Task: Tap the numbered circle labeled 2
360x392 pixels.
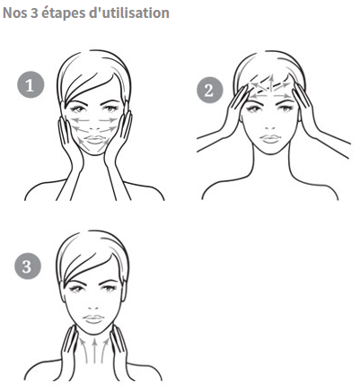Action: pos(210,90)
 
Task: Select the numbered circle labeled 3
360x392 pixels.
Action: pos(28,266)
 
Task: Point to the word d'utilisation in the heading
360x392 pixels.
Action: pos(130,13)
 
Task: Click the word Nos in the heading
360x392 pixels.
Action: pos(14,13)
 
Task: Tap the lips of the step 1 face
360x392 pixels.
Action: pos(94,140)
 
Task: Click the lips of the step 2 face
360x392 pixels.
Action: pos(270,139)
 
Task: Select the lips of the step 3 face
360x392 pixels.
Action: pos(93,319)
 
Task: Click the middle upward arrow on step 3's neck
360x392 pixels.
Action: pos(94,351)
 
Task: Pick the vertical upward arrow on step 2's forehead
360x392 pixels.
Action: pos(271,83)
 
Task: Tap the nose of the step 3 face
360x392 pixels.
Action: pos(93,308)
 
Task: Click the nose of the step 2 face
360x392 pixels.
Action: pos(270,127)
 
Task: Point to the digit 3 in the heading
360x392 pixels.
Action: pos(34,13)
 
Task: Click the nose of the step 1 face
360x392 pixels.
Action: pos(95,129)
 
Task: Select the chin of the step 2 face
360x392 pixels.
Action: pos(271,151)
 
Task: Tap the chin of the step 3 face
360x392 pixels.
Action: pos(94,331)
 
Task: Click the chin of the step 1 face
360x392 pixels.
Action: pos(95,152)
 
